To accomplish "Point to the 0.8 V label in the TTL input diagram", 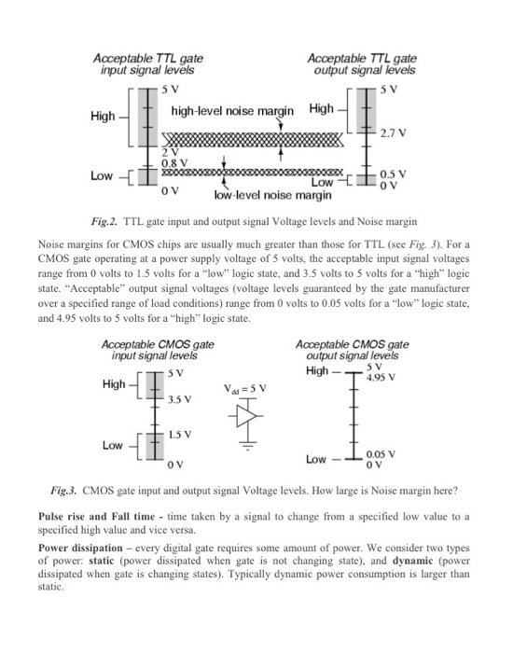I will coord(174,162).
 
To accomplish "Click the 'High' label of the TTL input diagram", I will coord(102,116).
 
